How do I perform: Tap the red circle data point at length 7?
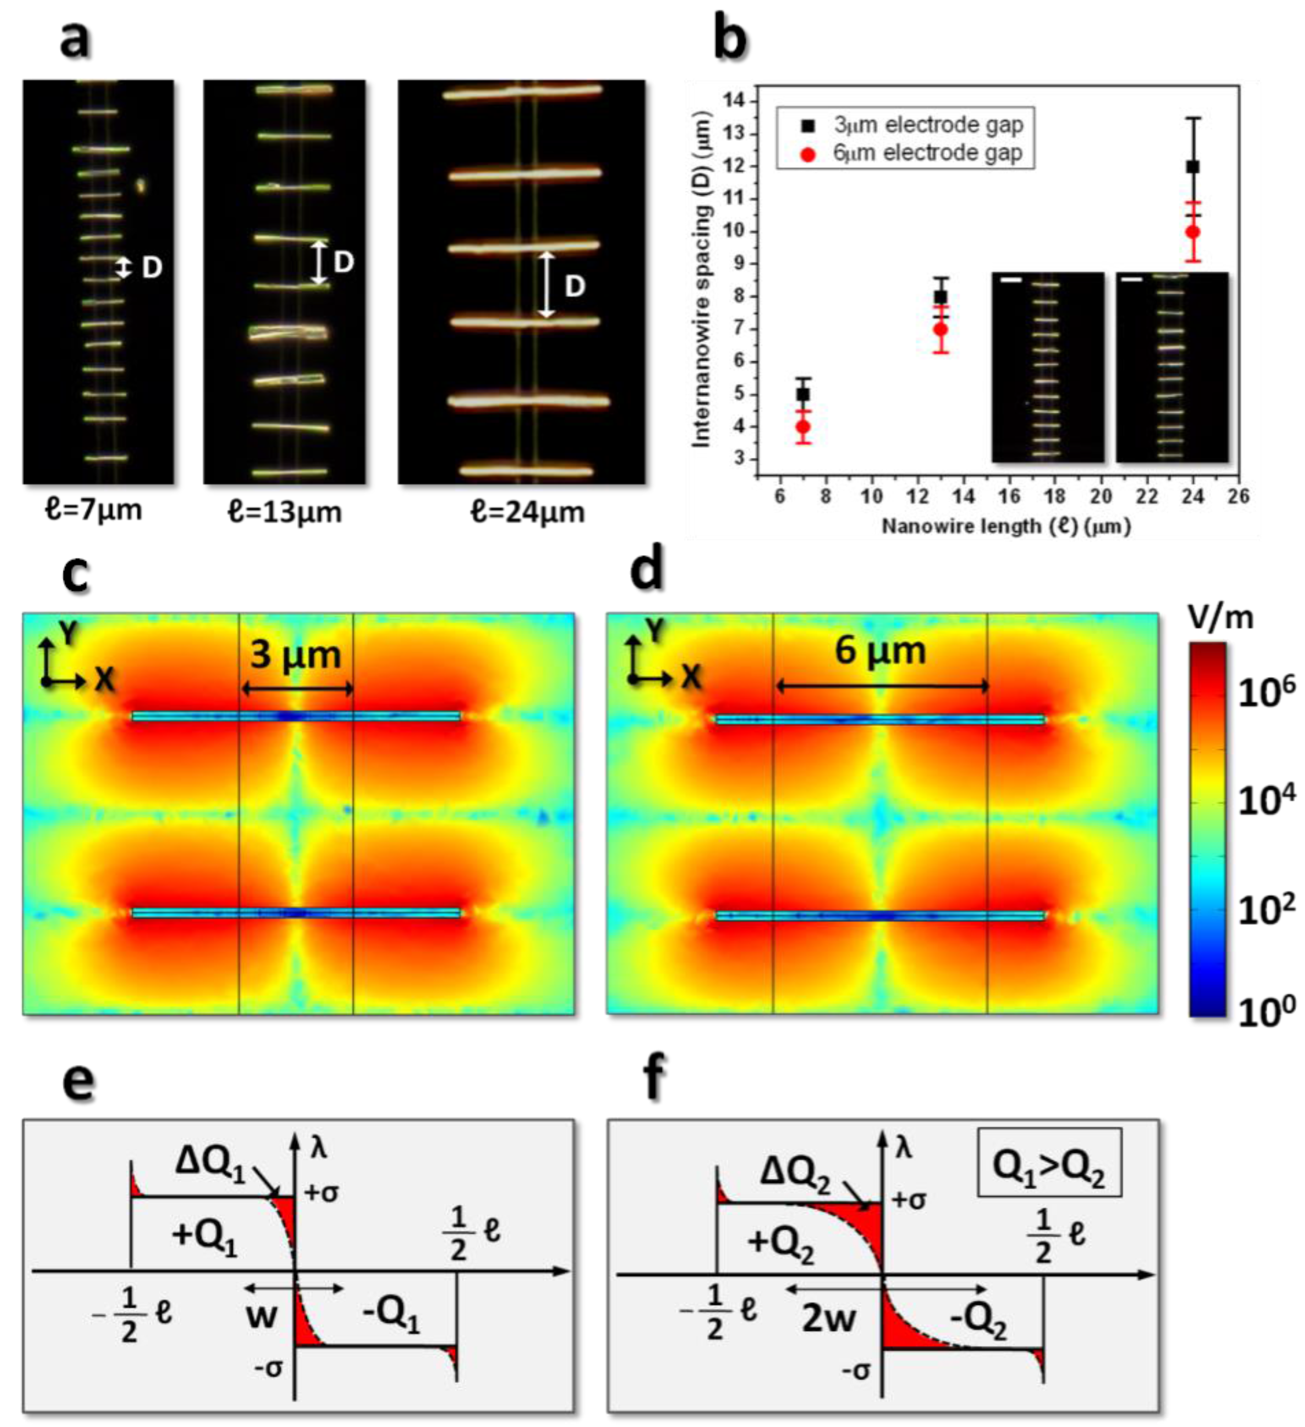point(803,427)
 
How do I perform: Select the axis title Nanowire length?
point(1005,526)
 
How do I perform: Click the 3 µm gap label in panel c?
point(296,655)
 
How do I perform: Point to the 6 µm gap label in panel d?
point(880,650)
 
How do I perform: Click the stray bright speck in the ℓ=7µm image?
point(141,185)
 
